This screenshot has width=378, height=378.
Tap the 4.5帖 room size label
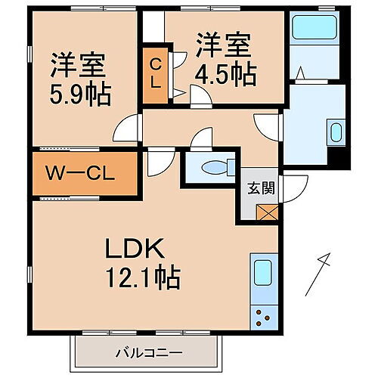226,73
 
